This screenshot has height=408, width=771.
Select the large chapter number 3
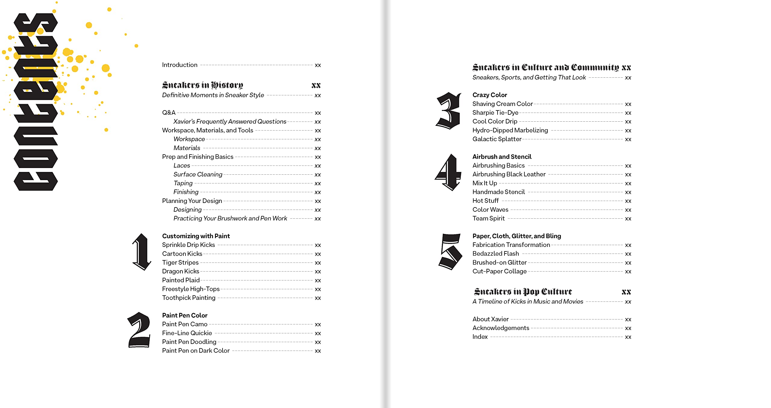(448, 111)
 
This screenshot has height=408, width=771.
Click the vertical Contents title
(36, 102)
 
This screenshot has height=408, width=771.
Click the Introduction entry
(179, 65)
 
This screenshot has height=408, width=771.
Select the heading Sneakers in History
(202, 85)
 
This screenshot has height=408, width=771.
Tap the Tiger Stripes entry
(180, 263)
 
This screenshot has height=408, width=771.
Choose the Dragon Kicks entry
(180, 271)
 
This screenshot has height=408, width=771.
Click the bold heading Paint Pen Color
(185, 315)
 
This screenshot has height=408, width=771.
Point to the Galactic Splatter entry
(497, 139)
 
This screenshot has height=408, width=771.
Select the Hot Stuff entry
(485, 201)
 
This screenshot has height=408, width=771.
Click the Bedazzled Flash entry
(495, 254)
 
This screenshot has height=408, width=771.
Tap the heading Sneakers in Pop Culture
(523, 292)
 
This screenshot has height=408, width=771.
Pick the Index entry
(480, 337)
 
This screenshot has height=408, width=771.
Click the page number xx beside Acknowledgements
(628, 328)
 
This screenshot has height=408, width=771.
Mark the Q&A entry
(169, 113)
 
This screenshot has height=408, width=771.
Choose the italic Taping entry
(183, 183)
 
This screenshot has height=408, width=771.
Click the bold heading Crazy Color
(489, 95)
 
